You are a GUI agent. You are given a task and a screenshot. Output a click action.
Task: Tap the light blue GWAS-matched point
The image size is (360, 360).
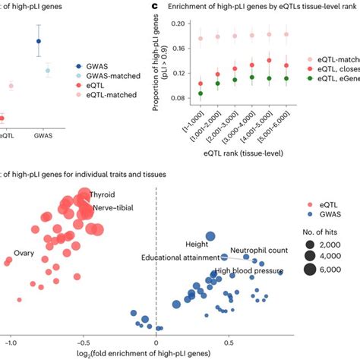point(48,71)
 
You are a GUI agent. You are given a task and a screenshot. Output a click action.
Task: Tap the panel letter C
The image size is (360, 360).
point(154,6)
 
